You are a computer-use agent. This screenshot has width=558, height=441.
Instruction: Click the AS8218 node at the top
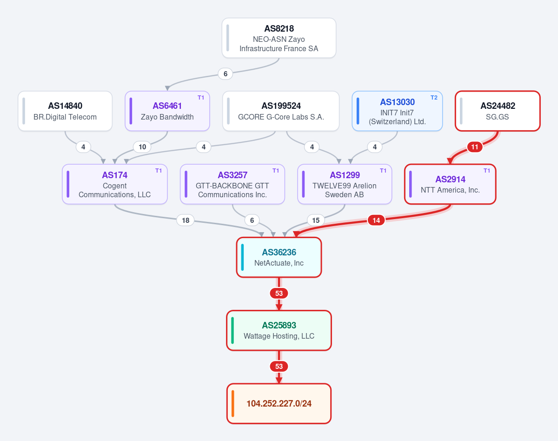[279, 38]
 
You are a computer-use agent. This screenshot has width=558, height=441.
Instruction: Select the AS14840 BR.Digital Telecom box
[65, 111]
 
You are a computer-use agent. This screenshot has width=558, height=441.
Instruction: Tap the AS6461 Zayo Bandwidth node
[167, 111]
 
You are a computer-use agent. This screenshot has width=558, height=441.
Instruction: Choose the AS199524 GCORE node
[281, 111]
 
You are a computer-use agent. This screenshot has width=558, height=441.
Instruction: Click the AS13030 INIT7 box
[397, 111]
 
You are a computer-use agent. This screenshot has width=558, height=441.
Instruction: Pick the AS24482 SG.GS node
[498, 111]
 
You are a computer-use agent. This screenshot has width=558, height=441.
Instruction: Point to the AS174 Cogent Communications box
[114, 184]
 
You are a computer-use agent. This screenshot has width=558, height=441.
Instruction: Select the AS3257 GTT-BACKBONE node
[232, 184]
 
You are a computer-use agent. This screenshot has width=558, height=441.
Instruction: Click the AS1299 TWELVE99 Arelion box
[345, 184]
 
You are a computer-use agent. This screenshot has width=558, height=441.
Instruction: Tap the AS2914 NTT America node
[450, 184]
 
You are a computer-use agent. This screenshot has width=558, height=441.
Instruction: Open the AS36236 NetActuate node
[279, 257]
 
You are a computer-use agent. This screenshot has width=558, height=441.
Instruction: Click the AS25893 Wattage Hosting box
[279, 330]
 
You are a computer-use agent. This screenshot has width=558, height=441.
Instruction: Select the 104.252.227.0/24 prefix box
[279, 404]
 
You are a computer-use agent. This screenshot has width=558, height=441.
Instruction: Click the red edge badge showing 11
[474, 147]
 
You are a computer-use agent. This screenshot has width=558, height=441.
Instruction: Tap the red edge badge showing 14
[376, 220]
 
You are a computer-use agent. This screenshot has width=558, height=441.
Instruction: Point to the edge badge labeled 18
[186, 220]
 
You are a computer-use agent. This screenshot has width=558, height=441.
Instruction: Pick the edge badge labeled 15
[316, 220]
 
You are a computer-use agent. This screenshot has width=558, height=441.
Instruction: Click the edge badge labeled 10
[142, 147]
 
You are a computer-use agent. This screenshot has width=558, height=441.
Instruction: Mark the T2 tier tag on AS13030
[434, 98]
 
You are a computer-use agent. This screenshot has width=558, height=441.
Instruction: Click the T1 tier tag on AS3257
[276, 170]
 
